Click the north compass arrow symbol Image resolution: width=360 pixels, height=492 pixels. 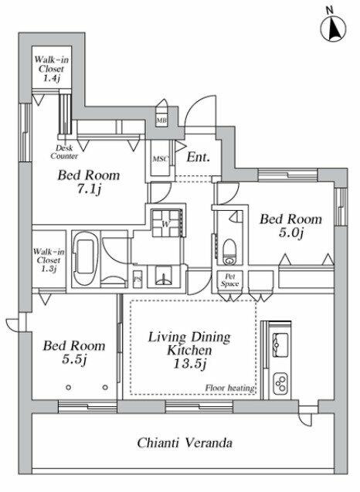[x=333, y=29]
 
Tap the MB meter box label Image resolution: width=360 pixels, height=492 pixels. [x=161, y=120]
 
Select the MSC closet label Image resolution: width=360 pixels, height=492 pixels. [x=161, y=159]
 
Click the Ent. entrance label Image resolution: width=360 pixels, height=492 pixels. [x=198, y=157]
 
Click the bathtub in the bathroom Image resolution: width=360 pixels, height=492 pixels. [x=83, y=258]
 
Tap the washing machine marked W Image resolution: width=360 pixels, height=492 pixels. [x=165, y=223]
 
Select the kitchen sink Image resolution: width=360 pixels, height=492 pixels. [x=280, y=344]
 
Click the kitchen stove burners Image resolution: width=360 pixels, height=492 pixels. [x=280, y=383]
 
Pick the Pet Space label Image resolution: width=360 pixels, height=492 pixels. [x=229, y=280]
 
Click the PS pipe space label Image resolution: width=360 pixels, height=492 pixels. [x=138, y=278]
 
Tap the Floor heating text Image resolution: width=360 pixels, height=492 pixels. [x=229, y=389]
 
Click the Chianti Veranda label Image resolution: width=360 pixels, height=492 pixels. [x=185, y=443]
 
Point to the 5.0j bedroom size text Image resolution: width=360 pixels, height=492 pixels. [x=291, y=232]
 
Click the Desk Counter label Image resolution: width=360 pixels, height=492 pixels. [x=64, y=152]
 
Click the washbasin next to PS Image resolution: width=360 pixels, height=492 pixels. [x=164, y=277]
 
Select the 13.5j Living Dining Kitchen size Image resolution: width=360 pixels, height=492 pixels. [x=189, y=364]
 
